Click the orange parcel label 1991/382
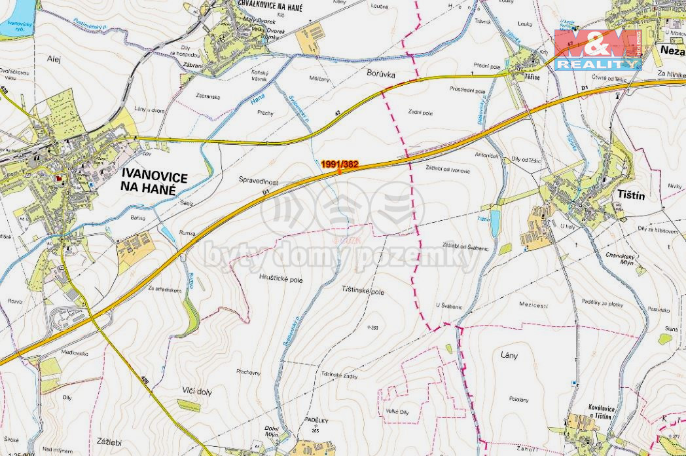(339, 164)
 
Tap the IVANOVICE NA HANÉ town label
(155, 183)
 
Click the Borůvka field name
(382, 75)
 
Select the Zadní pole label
(420, 113)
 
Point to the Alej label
(54, 58)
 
